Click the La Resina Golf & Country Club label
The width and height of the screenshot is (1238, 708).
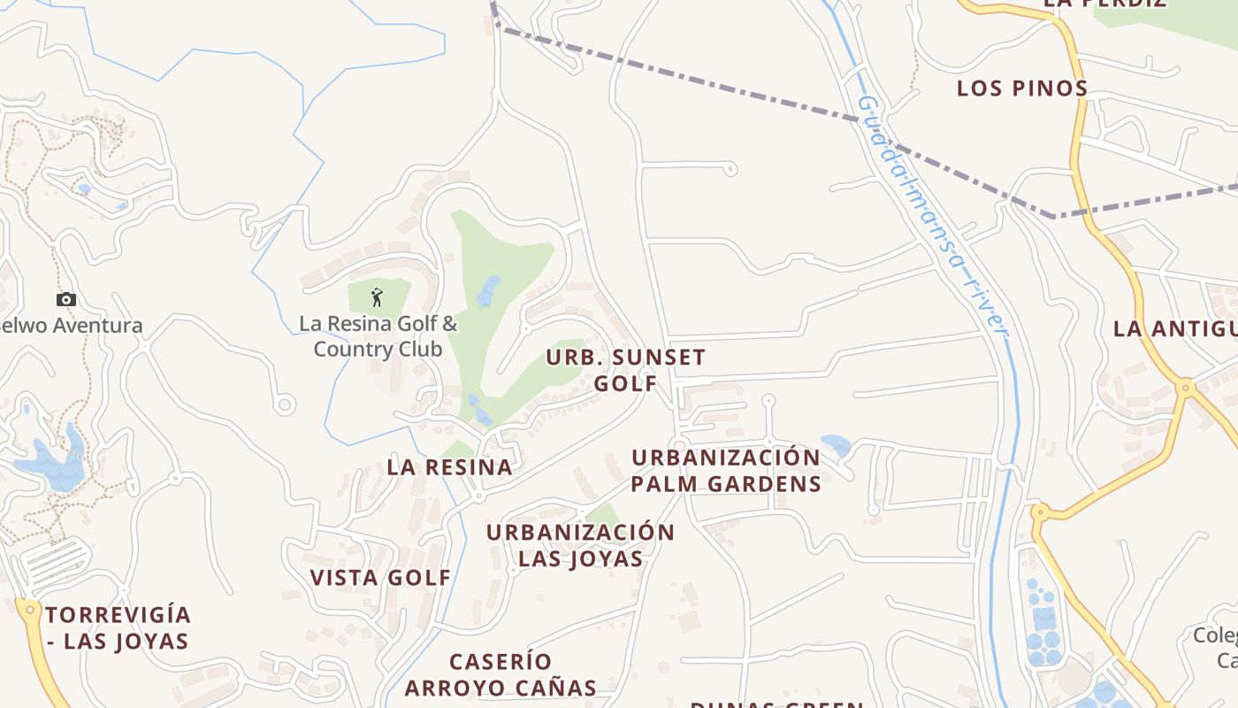coord(378,335)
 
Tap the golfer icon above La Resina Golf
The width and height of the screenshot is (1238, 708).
coord(377,297)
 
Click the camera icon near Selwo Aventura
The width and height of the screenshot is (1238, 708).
coord(66,300)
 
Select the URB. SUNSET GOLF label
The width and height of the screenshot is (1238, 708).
coord(625,370)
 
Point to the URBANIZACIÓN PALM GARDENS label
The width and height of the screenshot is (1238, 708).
coord(726,471)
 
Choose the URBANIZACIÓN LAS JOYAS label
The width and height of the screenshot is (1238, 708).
coord(580,545)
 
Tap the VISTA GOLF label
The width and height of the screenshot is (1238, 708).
coord(380,578)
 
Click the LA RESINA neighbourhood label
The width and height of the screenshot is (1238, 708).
coord(449,467)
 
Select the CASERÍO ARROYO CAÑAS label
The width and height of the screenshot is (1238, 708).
coord(501,674)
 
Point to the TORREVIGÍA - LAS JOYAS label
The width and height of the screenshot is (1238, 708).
coord(118,627)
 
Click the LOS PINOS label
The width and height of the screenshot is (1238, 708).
coord(1022,88)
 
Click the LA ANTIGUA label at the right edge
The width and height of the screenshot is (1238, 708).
coord(1174,329)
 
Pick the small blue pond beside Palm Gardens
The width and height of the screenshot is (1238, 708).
coord(836,443)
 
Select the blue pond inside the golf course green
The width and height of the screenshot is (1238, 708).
coord(488,290)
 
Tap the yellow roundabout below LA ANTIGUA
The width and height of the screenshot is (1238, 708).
coord(1186,387)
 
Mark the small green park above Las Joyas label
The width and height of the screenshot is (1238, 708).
coord(603,514)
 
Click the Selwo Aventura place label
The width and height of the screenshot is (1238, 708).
coord(71,326)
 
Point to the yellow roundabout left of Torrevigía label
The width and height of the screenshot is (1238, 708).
coord(30,609)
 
